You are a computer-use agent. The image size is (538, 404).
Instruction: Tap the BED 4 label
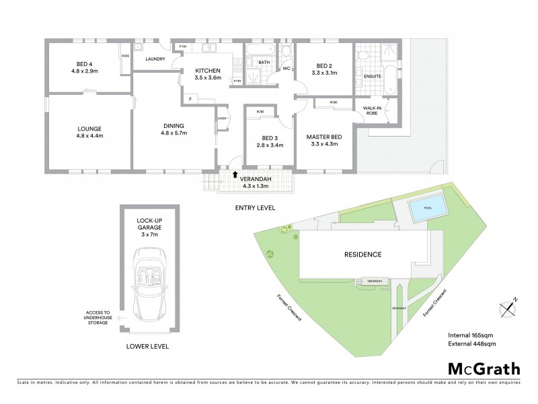(85, 66)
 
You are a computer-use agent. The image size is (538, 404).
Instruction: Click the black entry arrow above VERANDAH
(234, 174)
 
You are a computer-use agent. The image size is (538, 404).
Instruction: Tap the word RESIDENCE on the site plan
(364, 255)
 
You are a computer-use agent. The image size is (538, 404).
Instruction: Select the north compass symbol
(510, 307)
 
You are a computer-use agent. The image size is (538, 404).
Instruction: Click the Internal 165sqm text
(471, 335)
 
